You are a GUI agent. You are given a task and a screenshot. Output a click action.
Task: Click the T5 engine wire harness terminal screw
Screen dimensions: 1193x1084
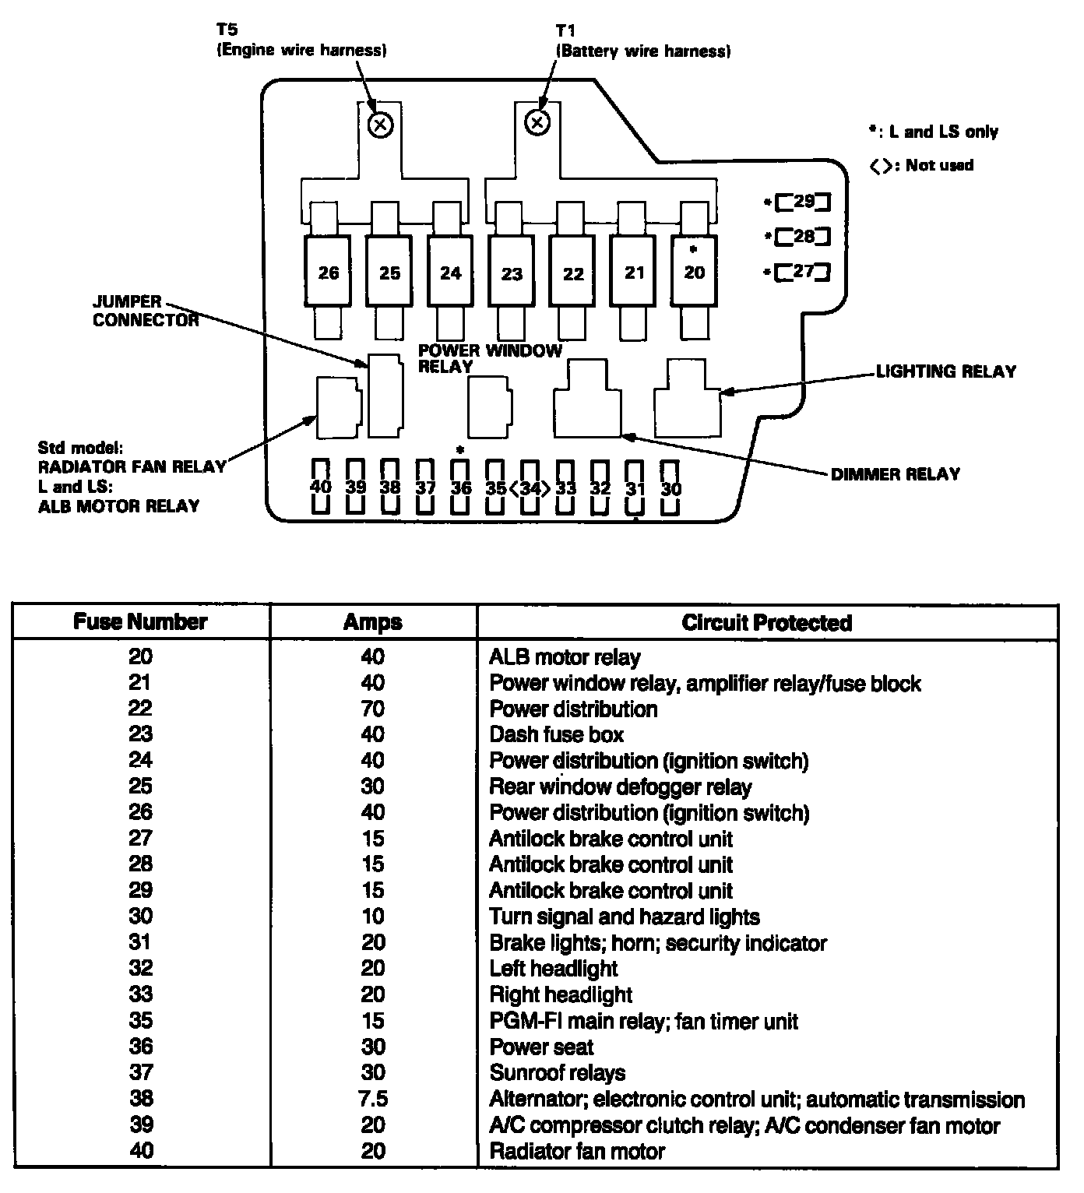[x=380, y=124]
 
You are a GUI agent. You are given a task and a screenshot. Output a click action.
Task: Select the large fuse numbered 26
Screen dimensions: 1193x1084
[x=329, y=273]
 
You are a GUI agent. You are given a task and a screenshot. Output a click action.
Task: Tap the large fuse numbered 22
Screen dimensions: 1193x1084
[x=573, y=273]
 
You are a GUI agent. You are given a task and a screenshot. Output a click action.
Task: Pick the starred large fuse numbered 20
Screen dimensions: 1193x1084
[x=694, y=271]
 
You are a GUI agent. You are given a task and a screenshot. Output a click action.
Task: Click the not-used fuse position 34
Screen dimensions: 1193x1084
[x=530, y=488]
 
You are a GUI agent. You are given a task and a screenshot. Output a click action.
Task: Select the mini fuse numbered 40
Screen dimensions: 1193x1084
[x=321, y=487]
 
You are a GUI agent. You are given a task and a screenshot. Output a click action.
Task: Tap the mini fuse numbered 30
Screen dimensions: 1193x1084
[x=670, y=488]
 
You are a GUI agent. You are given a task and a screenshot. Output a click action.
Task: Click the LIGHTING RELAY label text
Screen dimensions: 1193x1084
[x=946, y=371]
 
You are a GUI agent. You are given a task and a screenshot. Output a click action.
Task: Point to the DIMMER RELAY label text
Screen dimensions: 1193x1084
[x=896, y=473]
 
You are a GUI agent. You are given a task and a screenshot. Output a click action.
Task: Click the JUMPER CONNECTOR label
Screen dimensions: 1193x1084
[x=146, y=311]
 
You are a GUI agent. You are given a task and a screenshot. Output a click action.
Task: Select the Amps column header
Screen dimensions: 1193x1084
[x=373, y=622]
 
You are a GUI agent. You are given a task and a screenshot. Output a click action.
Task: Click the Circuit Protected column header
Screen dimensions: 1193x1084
[x=766, y=622]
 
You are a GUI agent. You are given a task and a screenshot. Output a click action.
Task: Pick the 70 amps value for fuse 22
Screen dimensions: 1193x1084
[x=373, y=709]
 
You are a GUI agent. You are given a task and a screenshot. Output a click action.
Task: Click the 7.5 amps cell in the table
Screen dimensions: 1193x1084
[x=373, y=1099]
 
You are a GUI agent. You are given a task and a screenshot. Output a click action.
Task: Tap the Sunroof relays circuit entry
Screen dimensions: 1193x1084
[x=557, y=1073]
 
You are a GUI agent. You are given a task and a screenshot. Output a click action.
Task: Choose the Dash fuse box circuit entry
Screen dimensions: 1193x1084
[x=556, y=734]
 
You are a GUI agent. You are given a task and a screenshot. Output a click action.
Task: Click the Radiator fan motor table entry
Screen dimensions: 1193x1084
[x=577, y=1151]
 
